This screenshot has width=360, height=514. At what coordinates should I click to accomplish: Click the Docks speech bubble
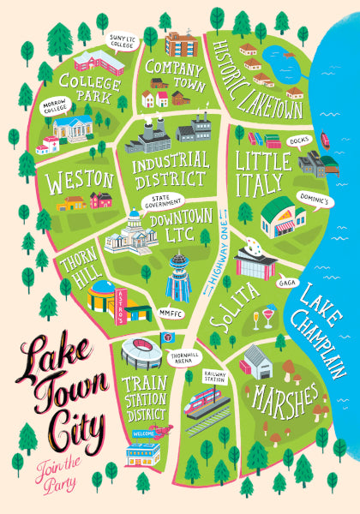[299, 139]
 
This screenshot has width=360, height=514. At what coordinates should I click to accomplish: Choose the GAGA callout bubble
[286, 281]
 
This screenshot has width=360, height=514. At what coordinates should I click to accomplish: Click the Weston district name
[81, 179]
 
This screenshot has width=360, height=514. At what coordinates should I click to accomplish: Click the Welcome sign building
[143, 449]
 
